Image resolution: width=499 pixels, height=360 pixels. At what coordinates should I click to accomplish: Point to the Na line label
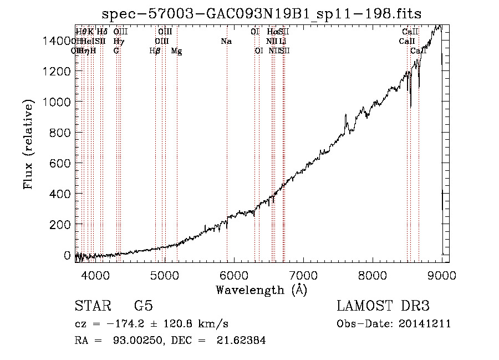[x=226, y=42]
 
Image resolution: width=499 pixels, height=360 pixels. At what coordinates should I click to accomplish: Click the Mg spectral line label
[x=176, y=51]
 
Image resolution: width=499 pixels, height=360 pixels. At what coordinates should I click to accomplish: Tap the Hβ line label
[x=155, y=51]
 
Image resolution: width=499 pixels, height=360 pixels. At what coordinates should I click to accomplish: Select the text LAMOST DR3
[x=383, y=306]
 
